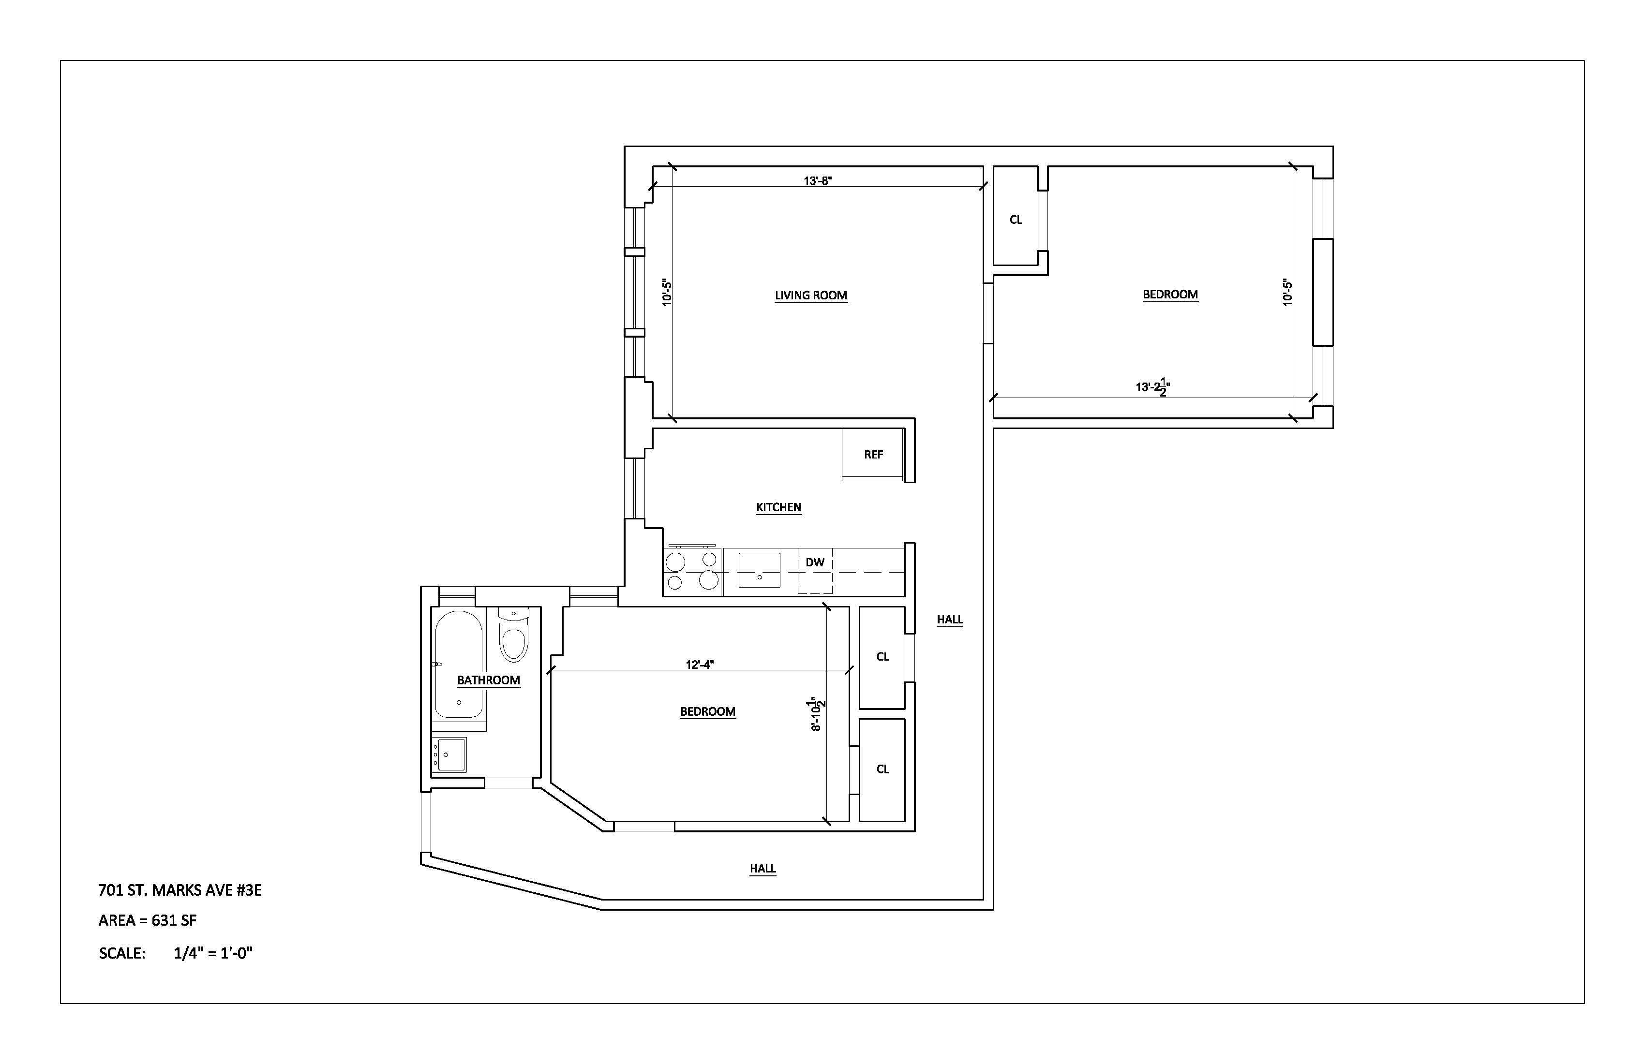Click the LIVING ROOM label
pos(811,296)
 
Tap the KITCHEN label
pos(778,507)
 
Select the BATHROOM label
pos(488,680)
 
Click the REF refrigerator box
pos(873,454)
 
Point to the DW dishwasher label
pos(815,562)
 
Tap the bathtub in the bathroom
pos(458,665)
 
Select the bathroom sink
pos(450,754)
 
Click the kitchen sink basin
pos(759,570)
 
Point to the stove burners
pos(692,571)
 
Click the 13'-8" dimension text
pos(817,181)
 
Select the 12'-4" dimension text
pos(700,665)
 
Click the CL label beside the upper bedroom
pos(1016,220)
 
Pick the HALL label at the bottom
pos(763,869)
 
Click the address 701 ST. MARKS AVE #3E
pos(179,890)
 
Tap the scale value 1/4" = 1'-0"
pos(213,953)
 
